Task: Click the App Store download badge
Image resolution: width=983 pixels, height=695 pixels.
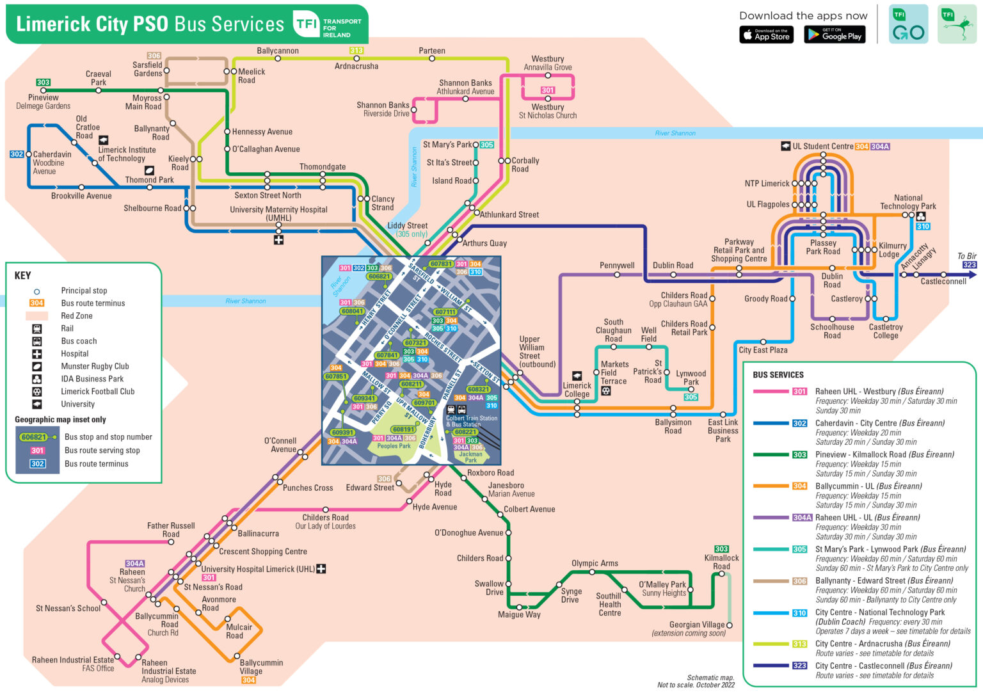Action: coord(766,35)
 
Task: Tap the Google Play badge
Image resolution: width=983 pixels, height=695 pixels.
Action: coord(835,35)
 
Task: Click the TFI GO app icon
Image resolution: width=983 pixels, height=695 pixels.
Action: coord(908,24)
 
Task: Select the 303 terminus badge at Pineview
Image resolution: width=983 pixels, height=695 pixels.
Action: coord(43,83)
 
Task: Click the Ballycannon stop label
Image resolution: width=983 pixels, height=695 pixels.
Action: coord(278,51)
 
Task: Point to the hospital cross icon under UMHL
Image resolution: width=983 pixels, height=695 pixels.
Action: coord(278,240)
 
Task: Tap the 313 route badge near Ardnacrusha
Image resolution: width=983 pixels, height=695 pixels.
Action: coord(356,51)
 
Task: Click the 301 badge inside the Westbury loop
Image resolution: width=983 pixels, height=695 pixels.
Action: coord(548,90)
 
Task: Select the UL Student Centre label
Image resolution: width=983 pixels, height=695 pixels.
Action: coord(822,147)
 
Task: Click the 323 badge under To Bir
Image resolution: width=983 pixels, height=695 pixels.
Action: coord(969,265)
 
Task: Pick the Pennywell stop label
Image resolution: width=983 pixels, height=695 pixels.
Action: coord(617,265)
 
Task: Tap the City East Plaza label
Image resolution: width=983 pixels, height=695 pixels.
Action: coord(763,350)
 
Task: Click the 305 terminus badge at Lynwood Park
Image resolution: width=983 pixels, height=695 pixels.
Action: coord(691,397)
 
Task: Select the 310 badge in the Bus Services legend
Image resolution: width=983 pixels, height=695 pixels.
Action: coord(799,613)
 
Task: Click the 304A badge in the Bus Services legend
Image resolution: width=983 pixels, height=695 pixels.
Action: coord(801,518)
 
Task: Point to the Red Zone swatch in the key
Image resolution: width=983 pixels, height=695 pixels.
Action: coord(36,316)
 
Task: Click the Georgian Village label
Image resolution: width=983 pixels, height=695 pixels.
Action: coord(697,625)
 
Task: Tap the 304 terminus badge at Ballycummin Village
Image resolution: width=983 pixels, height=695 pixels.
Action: coord(249,680)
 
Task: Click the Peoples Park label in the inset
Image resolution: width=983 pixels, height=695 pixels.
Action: coord(394,446)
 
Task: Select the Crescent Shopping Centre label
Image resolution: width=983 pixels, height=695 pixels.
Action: coord(263,552)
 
